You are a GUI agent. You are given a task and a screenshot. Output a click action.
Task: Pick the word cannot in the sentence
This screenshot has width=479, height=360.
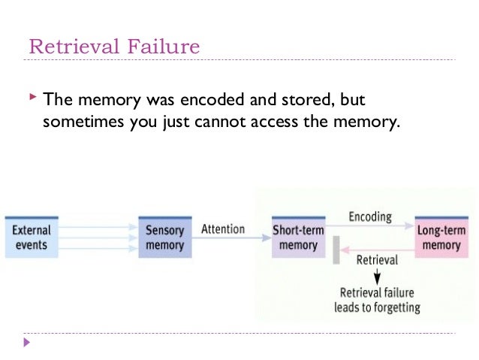click(x=228, y=123)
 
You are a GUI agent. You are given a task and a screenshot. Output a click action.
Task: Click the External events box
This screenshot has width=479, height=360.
click(x=32, y=237)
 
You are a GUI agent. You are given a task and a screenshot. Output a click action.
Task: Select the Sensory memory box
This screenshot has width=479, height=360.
click(x=164, y=237)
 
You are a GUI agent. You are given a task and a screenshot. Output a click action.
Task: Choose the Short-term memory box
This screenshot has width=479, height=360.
click(x=298, y=237)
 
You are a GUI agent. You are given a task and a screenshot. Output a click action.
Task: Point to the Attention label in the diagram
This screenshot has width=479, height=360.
click(x=223, y=229)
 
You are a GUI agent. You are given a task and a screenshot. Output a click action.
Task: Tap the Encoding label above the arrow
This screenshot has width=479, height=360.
click(x=370, y=217)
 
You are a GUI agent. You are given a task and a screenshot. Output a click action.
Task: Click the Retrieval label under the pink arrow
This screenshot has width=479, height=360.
click(x=376, y=260)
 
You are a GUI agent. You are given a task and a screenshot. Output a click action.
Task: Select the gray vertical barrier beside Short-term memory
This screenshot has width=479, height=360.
click(x=336, y=250)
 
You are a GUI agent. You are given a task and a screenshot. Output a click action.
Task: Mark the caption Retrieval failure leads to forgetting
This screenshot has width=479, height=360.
click(x=376, y=300)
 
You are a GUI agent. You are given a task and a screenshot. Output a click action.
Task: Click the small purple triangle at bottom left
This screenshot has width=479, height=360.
click(x=28, y=343)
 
